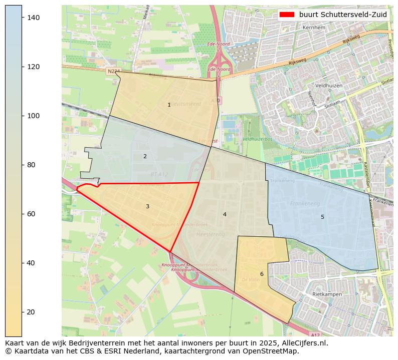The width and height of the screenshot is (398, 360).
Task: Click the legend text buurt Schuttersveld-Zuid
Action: click(x=343, y=15)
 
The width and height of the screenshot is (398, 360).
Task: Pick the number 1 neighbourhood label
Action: click(x=169, y=105)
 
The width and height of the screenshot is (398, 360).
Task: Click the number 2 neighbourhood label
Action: click(x=145, y=156)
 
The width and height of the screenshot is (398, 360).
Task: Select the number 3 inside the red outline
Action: click(x=147, y=206)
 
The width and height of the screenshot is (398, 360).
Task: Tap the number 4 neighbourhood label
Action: click(x=225, y=214)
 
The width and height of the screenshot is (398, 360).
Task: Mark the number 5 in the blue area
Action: click(x=322, y=217)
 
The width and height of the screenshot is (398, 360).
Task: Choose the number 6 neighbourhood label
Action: click(x=262, y=274)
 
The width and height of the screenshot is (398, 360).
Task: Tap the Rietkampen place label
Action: click(x=327, y=294)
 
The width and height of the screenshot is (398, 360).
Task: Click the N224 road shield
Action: click(x=113, y=72)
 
